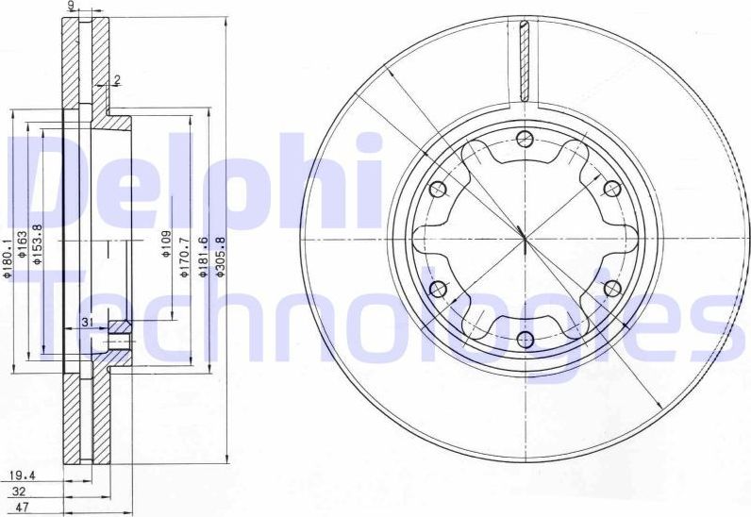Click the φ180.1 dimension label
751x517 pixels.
[7, 256]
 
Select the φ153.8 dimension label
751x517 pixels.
[39, 246]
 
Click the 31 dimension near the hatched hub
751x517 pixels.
[87, 324]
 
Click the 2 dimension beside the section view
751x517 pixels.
[117, 79]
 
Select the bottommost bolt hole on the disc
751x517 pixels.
[525, 340]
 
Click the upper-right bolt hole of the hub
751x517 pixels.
[610, 190]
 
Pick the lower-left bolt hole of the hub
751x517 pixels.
[438, 289]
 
